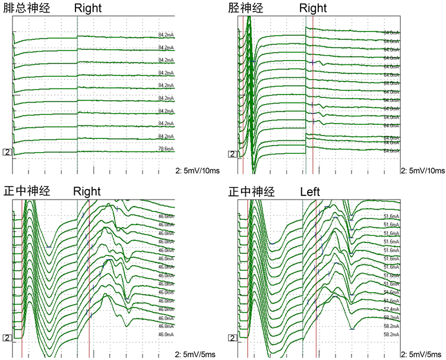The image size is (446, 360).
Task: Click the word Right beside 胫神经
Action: [x=313, y=8]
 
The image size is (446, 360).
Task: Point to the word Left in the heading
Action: [x=310, y=192]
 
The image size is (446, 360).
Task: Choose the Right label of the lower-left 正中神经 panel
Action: [x=88, y=192]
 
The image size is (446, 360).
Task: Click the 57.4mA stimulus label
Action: [x=391, y=310]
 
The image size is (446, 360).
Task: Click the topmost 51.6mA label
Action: [x=391, y=217]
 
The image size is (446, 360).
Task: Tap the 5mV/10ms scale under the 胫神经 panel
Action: [x=423, y=170]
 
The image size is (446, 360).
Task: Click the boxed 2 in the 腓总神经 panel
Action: [x=7, y=153]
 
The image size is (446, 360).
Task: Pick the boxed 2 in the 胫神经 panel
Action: [x=232, y=154]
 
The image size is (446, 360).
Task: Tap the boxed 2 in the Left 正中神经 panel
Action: [x=232, y=338]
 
